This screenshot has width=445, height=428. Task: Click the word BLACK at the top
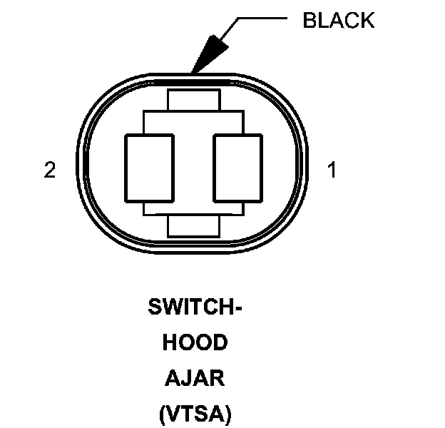338,20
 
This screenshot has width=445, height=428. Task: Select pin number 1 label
331,170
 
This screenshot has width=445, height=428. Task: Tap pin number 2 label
49,170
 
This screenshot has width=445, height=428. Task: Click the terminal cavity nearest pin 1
239,168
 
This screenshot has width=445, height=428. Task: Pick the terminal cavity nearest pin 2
149,168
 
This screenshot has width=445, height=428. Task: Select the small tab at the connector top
193,100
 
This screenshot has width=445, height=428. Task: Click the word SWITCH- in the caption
195,308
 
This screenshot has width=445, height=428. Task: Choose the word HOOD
195,343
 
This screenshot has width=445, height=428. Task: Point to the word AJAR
195,378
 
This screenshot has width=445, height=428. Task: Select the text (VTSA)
195,413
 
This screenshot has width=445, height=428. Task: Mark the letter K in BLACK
367,20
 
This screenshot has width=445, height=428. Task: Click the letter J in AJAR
187,378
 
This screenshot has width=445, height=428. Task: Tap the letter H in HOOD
170,343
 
